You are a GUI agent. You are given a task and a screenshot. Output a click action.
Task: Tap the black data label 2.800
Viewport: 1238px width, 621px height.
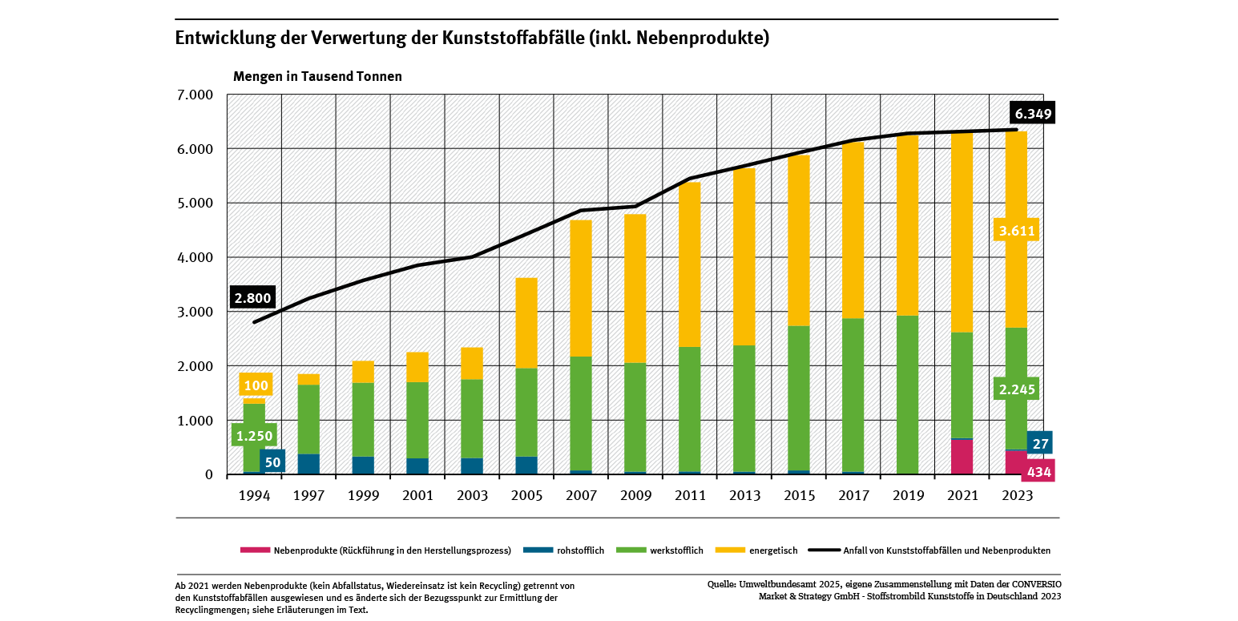(252, 298)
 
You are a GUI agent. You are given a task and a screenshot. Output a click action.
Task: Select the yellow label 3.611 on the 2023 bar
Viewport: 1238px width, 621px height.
(1017, 232)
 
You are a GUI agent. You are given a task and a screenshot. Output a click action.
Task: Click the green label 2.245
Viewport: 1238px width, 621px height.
(1017, 390)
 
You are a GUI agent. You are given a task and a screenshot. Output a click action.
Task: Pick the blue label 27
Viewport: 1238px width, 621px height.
(1041, 443)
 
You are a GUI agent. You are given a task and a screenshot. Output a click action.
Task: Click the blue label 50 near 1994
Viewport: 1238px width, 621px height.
(272, 462)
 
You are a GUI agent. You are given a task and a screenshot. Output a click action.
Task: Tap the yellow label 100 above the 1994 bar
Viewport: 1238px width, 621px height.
(256, 385)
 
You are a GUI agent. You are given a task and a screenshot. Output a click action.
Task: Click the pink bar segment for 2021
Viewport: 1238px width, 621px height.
(962, 457)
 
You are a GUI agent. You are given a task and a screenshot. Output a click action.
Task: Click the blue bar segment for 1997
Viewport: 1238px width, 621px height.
(308, 464)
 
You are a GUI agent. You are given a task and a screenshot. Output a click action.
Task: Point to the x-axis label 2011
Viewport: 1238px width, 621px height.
(690, 496)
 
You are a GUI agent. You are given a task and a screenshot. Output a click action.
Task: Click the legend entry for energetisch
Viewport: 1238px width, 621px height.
(773, 550)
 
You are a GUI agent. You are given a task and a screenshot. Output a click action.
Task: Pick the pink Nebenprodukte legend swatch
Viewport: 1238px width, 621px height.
(254, 550)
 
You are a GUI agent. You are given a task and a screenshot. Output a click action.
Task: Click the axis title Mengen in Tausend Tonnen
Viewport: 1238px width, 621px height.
(317, 77)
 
